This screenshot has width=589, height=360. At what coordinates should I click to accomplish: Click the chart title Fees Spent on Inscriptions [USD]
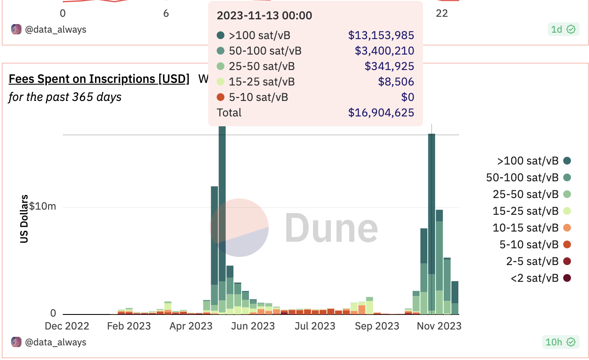pos(99,79)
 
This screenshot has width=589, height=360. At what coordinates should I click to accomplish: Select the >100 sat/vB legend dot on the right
pos(567,161)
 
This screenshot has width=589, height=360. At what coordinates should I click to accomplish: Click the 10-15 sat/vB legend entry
pos(525,228)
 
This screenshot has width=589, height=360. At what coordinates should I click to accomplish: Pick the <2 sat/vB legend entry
pos(534,278)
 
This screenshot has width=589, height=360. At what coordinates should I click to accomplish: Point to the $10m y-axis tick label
pos(43,206)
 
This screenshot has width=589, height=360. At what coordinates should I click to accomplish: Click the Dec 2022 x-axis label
pos(67,326)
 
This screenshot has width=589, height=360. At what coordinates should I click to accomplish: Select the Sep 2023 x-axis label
pos(377,326)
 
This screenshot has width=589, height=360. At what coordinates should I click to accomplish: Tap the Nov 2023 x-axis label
pos(439,326)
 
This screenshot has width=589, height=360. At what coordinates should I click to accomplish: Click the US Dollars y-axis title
pos(24,219)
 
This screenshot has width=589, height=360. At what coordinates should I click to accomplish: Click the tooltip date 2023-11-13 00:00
pos(264,16)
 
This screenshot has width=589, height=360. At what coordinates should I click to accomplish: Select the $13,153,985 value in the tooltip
pos(381,36)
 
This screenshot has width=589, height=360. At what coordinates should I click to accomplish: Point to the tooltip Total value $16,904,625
pos(381,113)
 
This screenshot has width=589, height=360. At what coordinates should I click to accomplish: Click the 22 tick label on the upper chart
pos(442,13)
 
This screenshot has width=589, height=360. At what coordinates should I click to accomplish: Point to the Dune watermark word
pos(331,228)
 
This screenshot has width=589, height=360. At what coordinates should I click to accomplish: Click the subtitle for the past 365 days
pos(65,97)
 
